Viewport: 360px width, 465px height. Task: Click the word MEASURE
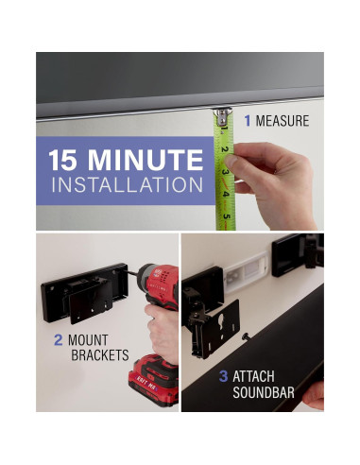[x=283, y=121]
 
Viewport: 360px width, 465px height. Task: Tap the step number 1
[x=248, y=121]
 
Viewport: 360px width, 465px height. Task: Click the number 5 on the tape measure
[x=227, y=216]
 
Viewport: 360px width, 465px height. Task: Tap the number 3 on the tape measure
[x=225, y=173]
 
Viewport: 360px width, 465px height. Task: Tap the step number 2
[x=58, y=340]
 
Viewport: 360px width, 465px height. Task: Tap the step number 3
[x=223, y=376]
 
